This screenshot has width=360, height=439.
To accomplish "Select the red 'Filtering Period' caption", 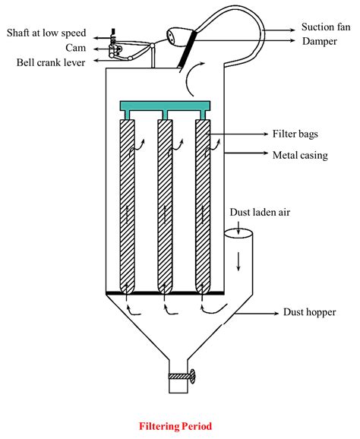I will tap(181, 426).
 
